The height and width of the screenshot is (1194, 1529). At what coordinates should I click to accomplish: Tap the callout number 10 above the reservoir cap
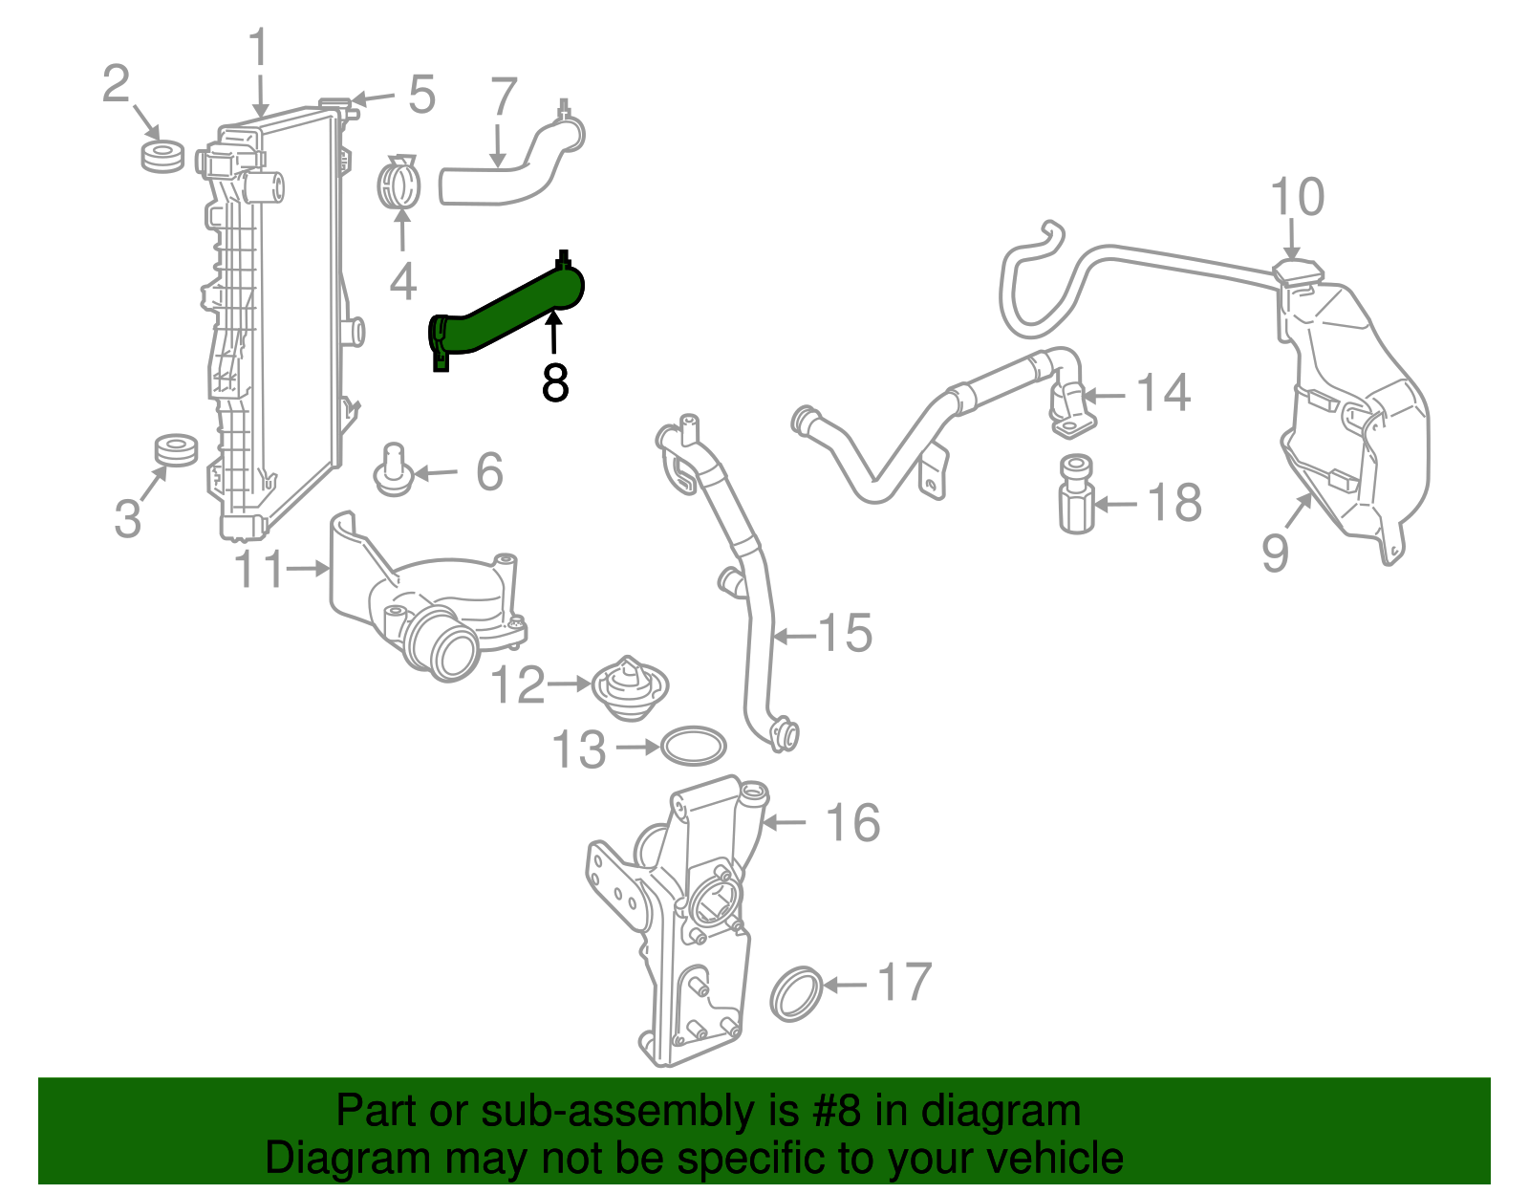(x=1297, y=197)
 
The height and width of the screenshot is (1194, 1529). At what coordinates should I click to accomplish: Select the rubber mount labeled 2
(x=162, y=156)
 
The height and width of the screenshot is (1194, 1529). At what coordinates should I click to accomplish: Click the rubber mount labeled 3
(x=176, y=449)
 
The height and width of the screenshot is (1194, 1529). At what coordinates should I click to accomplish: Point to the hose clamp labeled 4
(x=401, y=183)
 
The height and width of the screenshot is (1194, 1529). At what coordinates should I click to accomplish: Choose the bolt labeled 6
(x=392, y=470)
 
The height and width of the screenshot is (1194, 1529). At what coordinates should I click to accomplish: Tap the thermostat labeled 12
(x=630, y=684)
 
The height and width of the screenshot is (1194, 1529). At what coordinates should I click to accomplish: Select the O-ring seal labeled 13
(x=693, y=746)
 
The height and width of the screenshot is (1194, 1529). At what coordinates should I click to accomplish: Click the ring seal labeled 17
(x=796, y=993)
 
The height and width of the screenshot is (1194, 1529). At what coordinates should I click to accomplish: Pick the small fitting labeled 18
(x=1077, y=495)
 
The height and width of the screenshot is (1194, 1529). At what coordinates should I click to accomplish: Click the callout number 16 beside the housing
(x=852, y=823)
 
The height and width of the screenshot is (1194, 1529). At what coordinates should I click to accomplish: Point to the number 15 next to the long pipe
(x=845, y=633)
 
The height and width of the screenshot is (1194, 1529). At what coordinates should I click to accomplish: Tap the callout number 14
(x=1163, y=393)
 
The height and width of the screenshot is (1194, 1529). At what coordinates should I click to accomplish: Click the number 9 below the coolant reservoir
(x=1275, y=552)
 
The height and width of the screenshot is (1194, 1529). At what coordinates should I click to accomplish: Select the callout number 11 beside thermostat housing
(x=259, y=569)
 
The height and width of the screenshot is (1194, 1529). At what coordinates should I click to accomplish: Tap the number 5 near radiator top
(x=421, y=95)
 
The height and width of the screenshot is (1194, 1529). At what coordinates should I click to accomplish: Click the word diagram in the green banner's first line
(x=1001, y=1112)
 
